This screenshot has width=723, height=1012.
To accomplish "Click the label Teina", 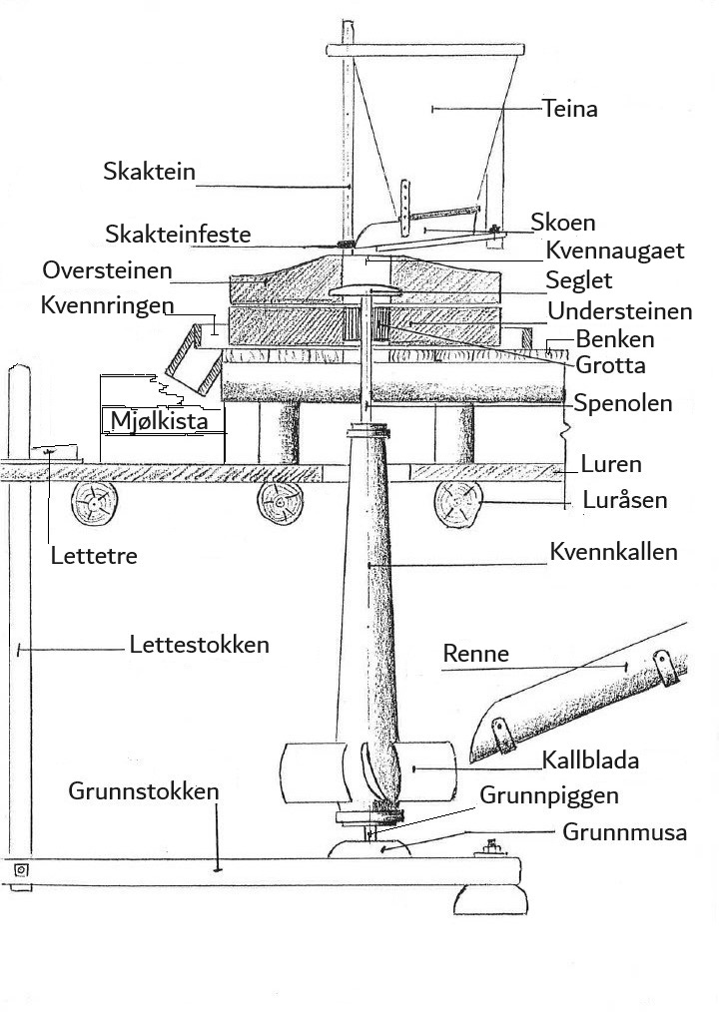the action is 570,109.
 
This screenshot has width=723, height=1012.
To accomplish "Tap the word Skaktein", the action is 149,172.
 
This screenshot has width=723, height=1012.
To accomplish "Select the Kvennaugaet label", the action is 614,251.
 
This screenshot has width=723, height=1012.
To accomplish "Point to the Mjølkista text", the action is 160,421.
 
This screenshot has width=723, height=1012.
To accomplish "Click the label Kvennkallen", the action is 613,552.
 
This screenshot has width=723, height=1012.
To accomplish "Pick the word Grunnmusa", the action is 624,832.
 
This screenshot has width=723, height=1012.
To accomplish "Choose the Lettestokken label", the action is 199,644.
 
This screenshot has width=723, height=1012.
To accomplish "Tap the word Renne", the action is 475,654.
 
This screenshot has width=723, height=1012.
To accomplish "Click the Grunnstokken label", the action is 144,791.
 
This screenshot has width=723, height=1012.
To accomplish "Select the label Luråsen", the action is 625,500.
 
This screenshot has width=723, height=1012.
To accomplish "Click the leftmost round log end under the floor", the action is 94,504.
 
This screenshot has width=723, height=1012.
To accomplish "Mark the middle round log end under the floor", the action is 281,503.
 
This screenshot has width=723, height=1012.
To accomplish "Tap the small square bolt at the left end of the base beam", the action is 21,870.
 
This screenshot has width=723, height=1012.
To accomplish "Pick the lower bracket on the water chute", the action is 503,736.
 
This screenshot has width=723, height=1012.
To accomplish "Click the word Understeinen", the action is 620,311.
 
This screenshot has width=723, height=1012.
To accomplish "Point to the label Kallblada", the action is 590,760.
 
